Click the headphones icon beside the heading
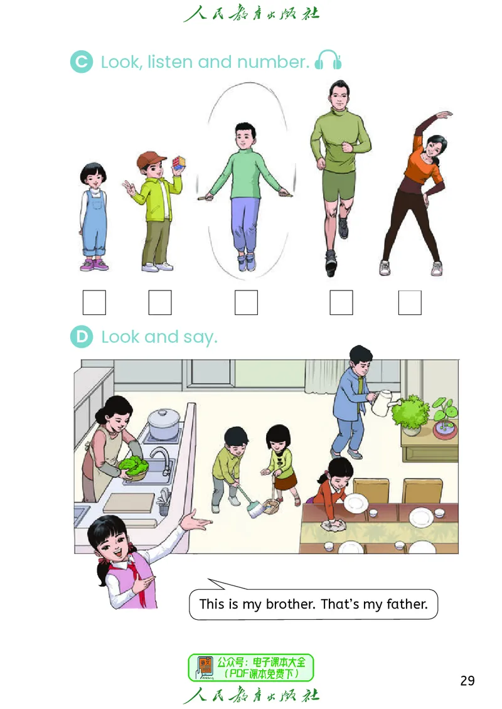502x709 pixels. click(x=328, y=60)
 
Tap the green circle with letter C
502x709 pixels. click(x=82, y=61)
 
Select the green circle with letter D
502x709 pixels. click(x=82, y=337)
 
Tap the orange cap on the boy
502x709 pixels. click(x=151, y=159)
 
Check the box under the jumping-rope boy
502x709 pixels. click(x=246, y=302)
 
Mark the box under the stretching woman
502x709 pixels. click(x=409, y=302)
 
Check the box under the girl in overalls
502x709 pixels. click(x=94, y=302)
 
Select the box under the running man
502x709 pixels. click(x=341, y=302)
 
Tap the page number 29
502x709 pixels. click(x=467, y=681)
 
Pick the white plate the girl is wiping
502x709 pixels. click(x=355, y=503)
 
